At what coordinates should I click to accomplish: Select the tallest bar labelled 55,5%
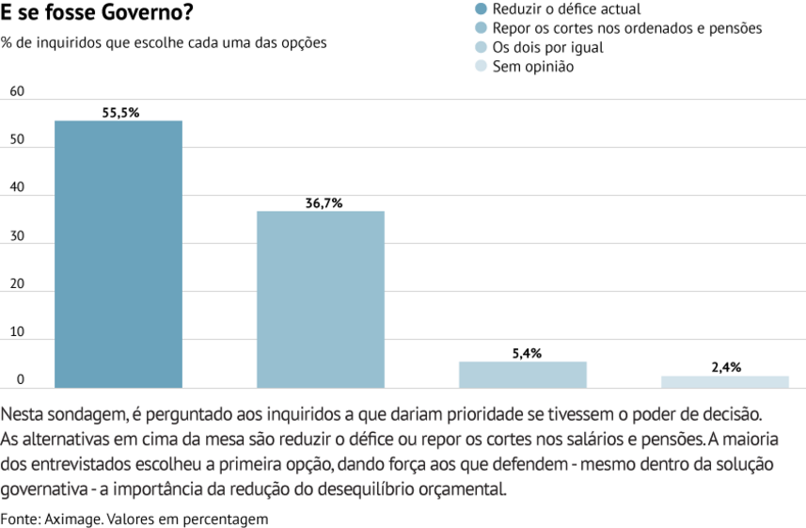pos(119,254)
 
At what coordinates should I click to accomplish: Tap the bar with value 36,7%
pos(321,298)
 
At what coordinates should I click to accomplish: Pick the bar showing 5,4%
pos(523,374)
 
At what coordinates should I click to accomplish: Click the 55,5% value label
pos(120,113)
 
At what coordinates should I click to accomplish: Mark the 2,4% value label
pos(726,368)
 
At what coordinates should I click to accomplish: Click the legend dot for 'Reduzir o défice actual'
pos(482,8)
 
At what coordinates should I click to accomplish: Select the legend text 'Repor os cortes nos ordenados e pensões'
pos(627,28)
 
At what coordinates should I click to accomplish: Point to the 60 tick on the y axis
pos(16,91)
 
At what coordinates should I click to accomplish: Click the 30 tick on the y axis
pos(16,236)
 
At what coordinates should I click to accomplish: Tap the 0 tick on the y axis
pos(19,380)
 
